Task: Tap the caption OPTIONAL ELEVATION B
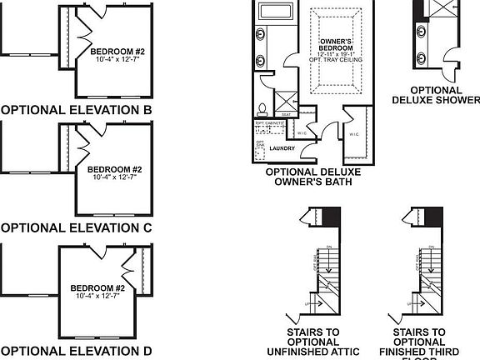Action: (76, 110)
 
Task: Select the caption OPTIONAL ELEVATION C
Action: (76, 227)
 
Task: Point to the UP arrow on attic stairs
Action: (310, 304)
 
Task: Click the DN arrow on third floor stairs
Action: (423, 247)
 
